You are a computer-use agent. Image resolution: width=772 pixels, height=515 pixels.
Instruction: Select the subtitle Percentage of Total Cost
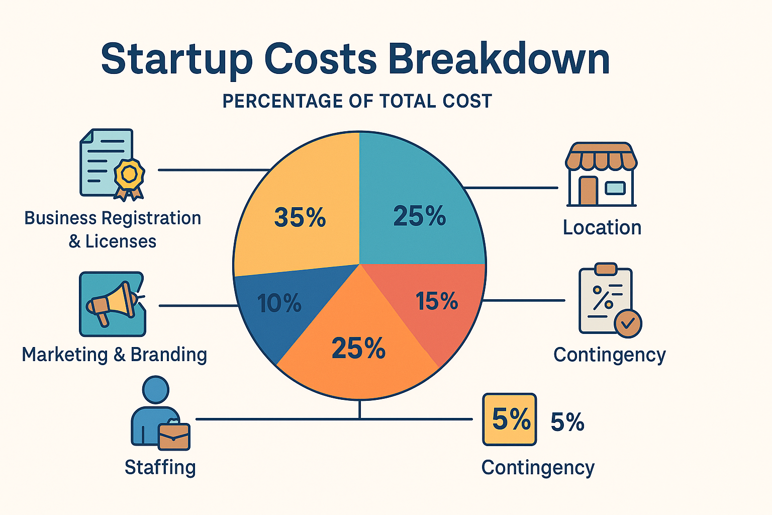click(357, 102)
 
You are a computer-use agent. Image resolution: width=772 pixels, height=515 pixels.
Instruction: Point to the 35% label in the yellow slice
click(300, 217)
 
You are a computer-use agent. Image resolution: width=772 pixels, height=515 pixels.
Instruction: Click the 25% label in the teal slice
click(419, 216)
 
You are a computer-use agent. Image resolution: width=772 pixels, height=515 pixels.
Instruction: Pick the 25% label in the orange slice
click(358, 348)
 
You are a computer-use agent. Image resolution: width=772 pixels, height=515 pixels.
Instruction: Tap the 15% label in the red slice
click(437, 301)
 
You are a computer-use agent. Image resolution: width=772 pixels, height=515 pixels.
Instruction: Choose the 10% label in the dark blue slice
click(279, 303)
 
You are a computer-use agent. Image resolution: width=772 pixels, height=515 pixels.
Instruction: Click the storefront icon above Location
click(601, 174)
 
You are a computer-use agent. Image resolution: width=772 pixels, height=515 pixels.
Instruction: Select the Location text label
click(602, 228)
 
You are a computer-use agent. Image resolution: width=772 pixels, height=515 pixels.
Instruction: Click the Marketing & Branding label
click(114, 355)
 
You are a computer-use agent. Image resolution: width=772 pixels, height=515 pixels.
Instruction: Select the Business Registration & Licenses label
click(113, 229)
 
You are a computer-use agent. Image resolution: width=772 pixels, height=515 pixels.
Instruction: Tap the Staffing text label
click(160, 467)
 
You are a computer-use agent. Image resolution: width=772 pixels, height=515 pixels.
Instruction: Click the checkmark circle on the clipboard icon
click(628, 323)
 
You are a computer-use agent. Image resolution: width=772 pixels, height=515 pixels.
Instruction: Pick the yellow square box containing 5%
click(509, 419)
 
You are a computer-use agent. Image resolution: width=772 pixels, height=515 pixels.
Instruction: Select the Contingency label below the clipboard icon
click(609, 355)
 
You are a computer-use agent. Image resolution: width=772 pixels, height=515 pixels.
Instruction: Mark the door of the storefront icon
click(588, 191)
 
